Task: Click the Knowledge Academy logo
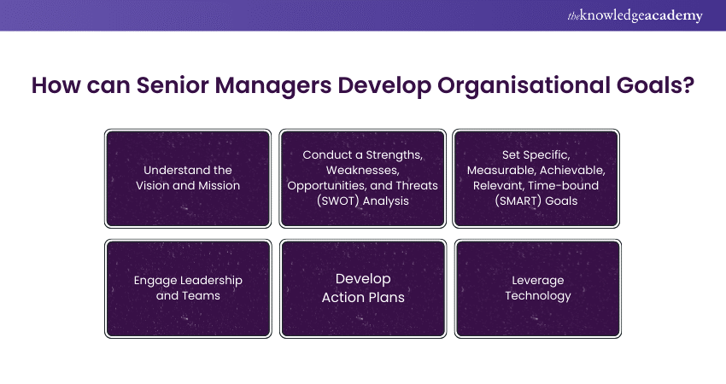tap(635, 15)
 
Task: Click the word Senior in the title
tap(173, 85)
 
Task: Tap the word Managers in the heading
tap(273, 86)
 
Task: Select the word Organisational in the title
tap(524, 86)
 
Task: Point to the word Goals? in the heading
tap(656, 85)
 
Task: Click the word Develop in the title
tap(384, 86)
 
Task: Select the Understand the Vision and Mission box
tap(188, 178)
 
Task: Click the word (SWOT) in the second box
tap(337, 201)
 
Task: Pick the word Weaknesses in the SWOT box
tap(362, 171)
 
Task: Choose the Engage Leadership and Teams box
tap(188, 288)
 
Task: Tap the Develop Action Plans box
tap(363, 288)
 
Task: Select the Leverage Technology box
tap(537, 288)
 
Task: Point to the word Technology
tap(537, 296)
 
